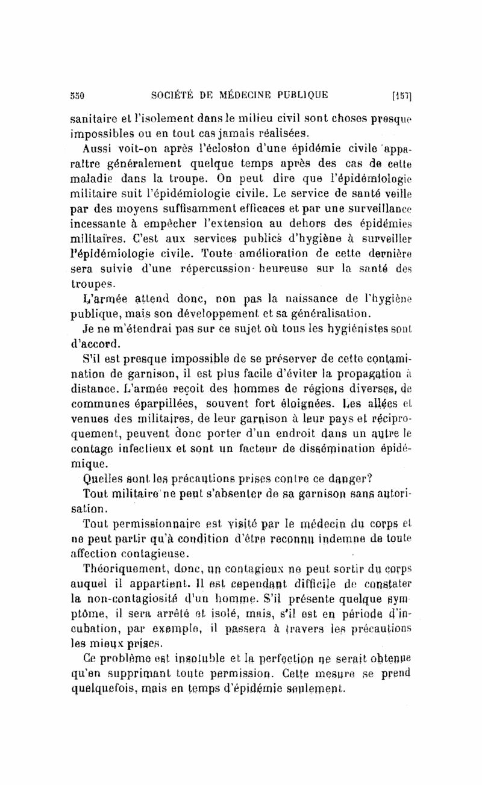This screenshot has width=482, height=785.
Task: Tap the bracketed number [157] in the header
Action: coord(401,95)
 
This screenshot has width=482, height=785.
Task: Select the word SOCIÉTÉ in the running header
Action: coord(174,95)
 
